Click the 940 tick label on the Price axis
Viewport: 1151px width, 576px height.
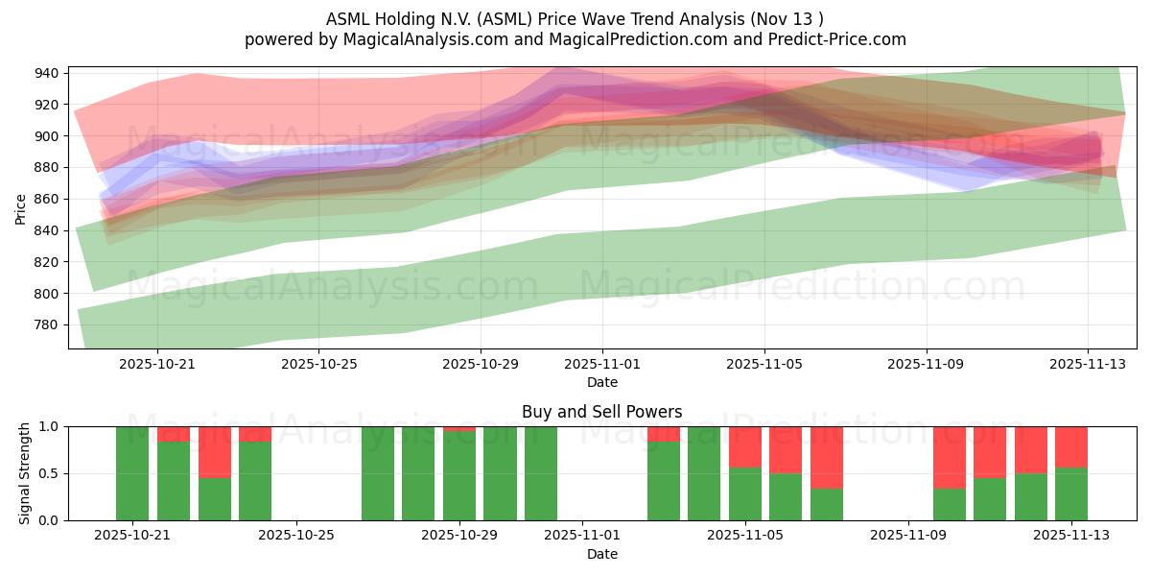click(x=48, y=73)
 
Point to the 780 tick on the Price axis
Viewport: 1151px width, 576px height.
click(x=48, y=324)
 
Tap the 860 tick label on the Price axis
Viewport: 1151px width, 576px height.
click(x=48, y=199)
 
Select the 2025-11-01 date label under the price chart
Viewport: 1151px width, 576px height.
click(x=602, y=365)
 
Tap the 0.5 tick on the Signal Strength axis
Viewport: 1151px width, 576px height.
click(x=48, y=473)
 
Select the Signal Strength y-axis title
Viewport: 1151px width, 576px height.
click(x=25, y=472)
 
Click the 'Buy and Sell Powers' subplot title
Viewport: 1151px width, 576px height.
click(x=601, y=412)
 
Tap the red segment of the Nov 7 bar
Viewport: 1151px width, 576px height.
click(x=827, y=457)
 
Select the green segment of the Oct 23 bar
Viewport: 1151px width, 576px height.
click(x=215, y=498)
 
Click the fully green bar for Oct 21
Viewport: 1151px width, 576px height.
click(x=132, y=473)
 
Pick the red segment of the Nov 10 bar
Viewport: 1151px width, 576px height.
click(x=950, y=457)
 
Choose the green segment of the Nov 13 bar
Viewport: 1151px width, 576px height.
click(x=1071, y=493)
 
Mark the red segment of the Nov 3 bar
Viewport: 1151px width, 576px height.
click(x=664, y=434)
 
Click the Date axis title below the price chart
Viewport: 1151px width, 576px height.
click(x=601, y=382)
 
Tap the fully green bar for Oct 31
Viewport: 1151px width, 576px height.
click(x=541, y=473)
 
